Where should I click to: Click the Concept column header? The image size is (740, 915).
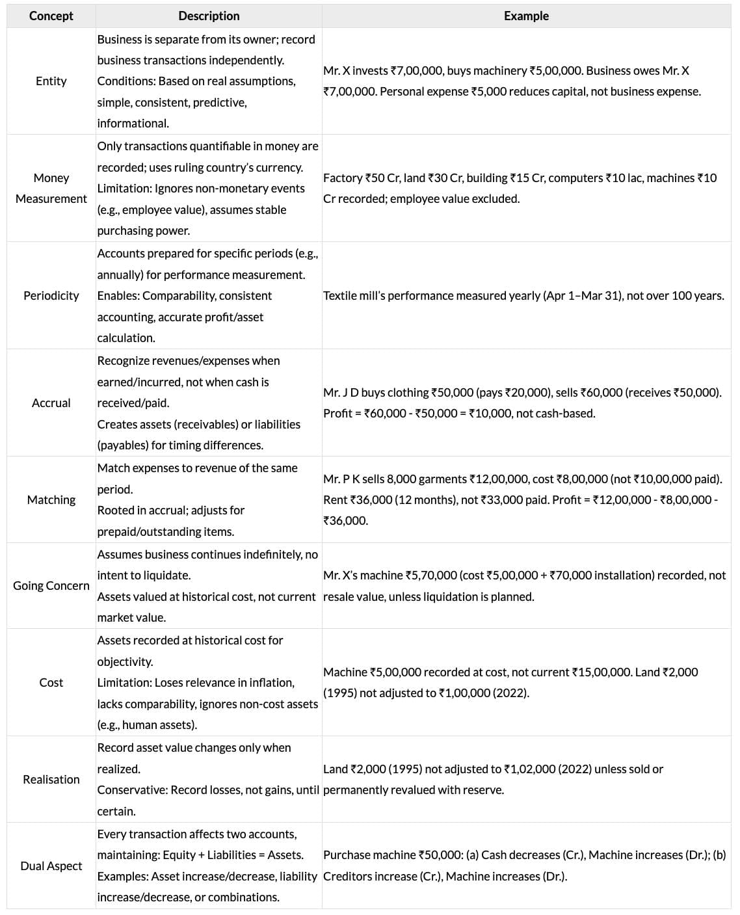[51, 16]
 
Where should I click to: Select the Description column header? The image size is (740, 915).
[209, 16]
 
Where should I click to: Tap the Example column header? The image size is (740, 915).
[526, 16]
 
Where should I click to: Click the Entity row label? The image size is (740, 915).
[51, 81]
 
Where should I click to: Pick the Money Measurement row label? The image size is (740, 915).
[51, 189]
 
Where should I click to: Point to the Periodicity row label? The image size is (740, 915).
[51, 296]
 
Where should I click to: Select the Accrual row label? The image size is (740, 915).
[51, 403]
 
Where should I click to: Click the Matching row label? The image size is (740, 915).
[51, 500]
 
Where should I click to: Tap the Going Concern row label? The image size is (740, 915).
[51, 586]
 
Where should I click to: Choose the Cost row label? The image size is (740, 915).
[51, 683]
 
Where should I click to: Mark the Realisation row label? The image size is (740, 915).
[51, 780]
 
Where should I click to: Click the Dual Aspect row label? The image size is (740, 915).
[51, 866]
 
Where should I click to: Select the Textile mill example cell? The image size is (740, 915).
[523, 296]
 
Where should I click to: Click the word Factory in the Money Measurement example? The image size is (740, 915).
[343, 178]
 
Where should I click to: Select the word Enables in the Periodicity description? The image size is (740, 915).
[118, 296]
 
